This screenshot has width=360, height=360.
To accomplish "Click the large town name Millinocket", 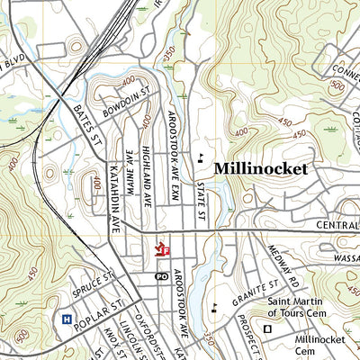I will pyautogui.click(x=261, y=168).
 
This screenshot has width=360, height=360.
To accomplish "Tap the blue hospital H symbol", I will pyautogui.click(x=66, y=318).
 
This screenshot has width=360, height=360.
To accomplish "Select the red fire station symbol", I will pyautogui.click(x=163, y=247).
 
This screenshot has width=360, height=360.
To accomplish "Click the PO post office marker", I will pyautogui.click(x=161, y=276).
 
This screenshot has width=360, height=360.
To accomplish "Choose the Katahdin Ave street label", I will pyautogui.click(x=114, y=193).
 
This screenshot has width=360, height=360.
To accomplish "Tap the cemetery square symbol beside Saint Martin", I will pyautogui.click(x=267, y=328).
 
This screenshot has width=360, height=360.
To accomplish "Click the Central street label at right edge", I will pyautogui.click(x=337, y=225).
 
